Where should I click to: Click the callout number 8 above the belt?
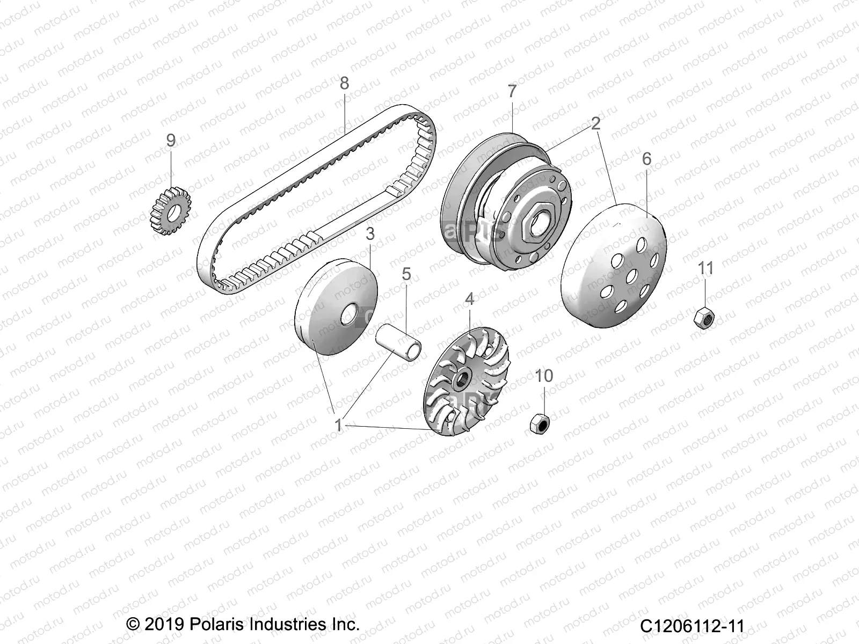[x=344, y=83]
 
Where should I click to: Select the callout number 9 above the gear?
[x=171, y=141]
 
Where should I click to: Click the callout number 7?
[x=512, y=91]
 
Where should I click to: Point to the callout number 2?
[x=595, y=124]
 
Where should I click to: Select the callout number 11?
[x=705, y=268]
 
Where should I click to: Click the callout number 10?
[x=544, y=376]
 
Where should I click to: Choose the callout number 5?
[x=406, y=274]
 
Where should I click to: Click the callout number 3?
[x=385, y=234]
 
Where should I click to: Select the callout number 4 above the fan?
[x=469, y=299]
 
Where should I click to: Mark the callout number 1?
[x=339, y=425]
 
